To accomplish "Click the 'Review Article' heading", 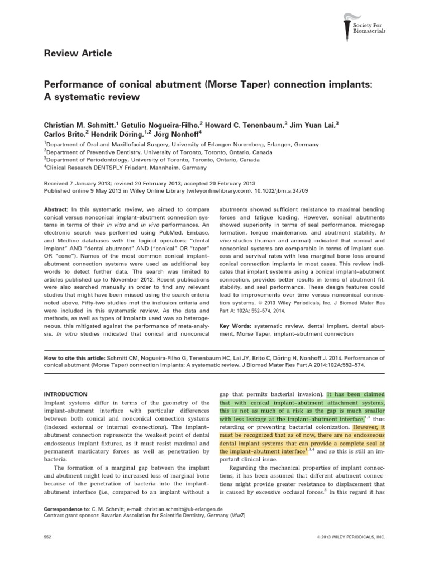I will [78, 54].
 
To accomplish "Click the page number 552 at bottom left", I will [47, 537].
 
